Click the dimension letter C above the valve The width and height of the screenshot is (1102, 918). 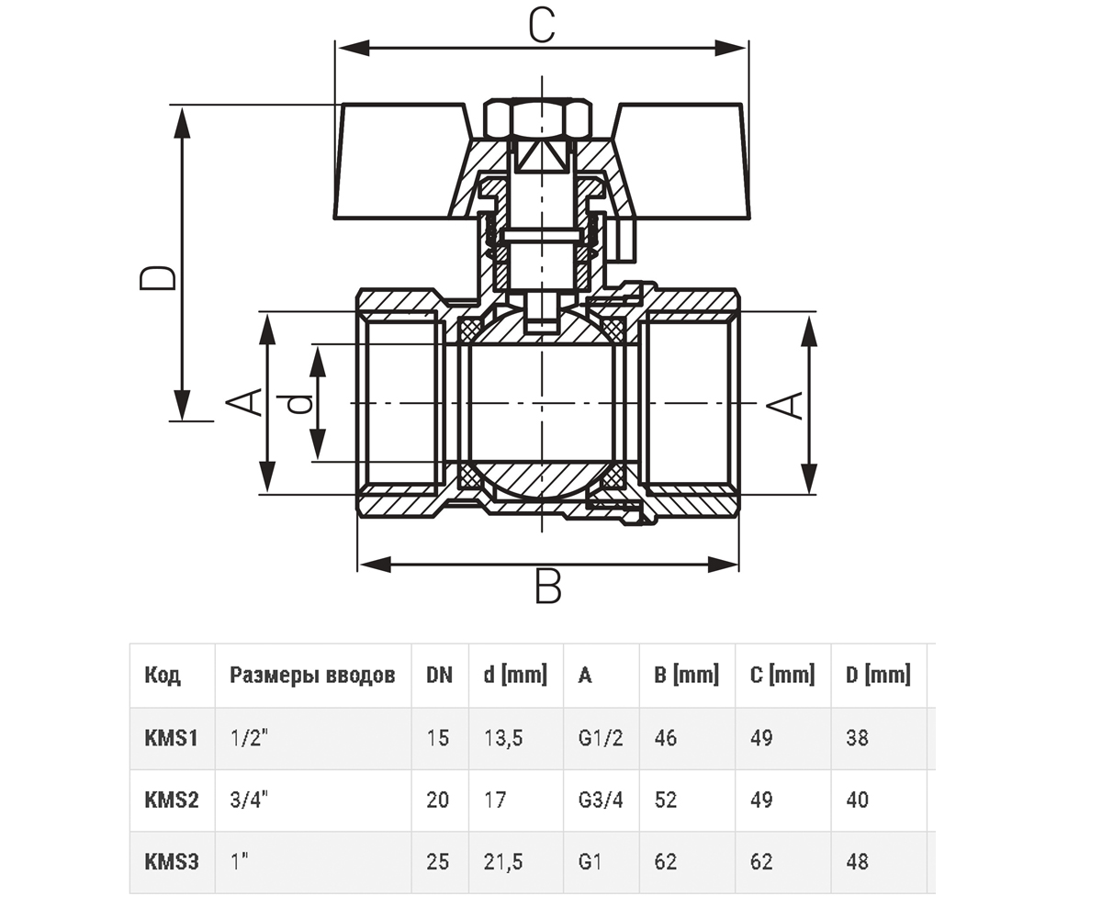[542, 25]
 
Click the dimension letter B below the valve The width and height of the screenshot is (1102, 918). [548, 586]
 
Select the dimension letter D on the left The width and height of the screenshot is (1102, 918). [157, 278]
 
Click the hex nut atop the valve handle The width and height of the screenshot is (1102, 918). [537, 118]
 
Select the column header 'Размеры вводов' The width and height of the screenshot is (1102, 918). [312, 676]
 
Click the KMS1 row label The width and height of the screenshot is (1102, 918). [172, 737]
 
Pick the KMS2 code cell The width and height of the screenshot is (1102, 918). [172, 800]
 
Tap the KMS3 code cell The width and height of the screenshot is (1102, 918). [172, 862]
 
